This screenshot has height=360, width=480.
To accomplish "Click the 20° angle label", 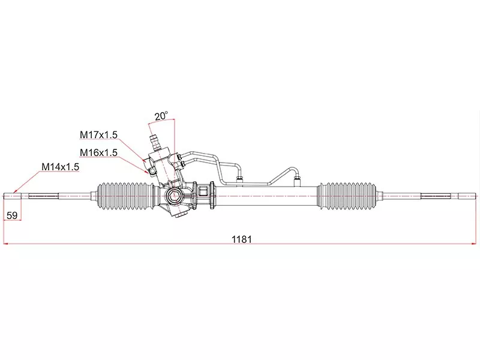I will tap(161, 116).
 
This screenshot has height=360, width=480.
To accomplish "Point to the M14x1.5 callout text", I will tap(60, 167).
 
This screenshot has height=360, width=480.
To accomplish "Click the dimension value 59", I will tap(12, 215).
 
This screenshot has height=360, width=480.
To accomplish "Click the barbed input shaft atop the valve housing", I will tap(156, 140).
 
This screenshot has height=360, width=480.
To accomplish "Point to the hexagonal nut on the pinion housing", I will tap(176, 196).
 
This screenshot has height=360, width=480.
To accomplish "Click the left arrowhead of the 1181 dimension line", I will tap(5, 244).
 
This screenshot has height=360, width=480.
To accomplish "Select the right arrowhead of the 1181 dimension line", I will tap(474, 244).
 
